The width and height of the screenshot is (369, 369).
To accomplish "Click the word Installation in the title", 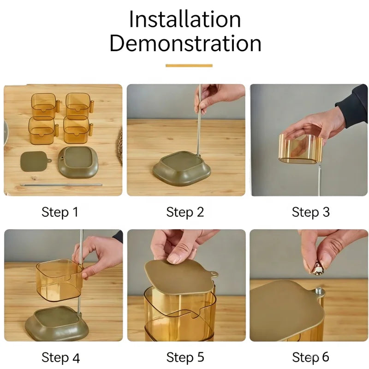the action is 185,19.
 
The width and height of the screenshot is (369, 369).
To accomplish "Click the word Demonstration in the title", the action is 185,43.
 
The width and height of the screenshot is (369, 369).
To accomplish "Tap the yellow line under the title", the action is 189,65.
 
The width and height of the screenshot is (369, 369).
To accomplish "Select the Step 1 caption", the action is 60,212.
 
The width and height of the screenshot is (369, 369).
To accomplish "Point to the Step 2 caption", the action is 185,212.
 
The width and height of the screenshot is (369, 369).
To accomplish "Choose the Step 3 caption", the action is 310,212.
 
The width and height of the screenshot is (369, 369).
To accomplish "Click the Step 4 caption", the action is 61,358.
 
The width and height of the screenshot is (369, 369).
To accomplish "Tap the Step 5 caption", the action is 185,357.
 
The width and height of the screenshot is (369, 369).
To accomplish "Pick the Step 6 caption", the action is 310,357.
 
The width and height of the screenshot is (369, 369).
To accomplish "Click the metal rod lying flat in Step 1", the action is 61,185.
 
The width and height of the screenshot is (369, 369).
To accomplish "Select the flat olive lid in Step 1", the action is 36,161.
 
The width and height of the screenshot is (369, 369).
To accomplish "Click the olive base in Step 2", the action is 181,168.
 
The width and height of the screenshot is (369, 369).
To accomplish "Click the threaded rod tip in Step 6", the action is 319,291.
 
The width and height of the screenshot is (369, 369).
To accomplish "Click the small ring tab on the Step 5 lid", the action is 214,274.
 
